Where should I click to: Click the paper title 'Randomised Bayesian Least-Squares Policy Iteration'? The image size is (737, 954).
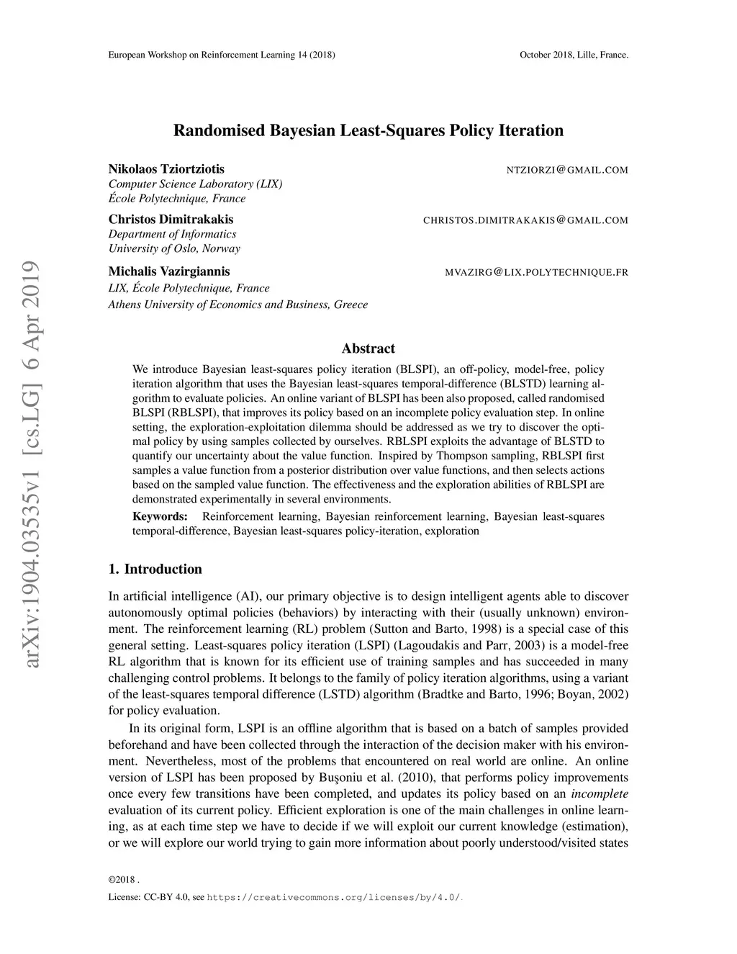(368, 131)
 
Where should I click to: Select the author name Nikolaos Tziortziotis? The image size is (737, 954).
(166, 169)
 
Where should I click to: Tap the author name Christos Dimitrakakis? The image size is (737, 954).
(171, 219)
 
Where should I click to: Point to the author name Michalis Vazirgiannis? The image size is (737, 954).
(169, 271)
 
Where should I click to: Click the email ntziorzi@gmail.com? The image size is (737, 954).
(567, 171)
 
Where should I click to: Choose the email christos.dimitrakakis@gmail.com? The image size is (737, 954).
(525, 220)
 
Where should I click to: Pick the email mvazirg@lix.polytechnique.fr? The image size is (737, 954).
(537, 273)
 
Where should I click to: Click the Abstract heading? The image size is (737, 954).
(368, 348)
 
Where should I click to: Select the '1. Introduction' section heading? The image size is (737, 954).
(155, 570)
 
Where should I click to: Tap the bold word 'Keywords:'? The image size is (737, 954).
(160, 516)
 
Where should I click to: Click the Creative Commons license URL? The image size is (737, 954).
(334, 898)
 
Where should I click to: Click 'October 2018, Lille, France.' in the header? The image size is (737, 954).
(574, 55)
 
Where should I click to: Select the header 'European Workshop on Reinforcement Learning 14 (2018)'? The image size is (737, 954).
(221, 55)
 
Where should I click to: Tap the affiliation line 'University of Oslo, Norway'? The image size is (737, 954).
(174, 249)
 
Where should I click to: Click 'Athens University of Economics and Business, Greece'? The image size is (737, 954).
(238, 305)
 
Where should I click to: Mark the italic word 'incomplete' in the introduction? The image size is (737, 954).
(600, 794)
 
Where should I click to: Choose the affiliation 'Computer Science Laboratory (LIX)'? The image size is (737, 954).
(195, 184)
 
